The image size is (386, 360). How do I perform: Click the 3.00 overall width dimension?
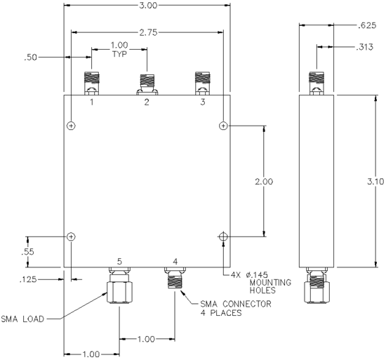coord(148,5)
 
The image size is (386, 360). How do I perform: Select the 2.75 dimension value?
coord(148,32)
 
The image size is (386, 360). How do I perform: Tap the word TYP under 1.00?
coord(119,54)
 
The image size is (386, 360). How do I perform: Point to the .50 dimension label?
coord(30,58)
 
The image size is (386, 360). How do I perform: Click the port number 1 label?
coord(92,102)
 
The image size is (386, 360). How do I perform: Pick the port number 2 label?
coord(147,102)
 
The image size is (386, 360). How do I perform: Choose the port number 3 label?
coord(203,102)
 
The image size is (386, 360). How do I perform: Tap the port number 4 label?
coord(175,261)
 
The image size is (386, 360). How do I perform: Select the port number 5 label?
coord(119,261)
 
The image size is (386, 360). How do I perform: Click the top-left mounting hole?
coord(71,126)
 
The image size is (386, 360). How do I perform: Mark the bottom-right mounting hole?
coord(223,236)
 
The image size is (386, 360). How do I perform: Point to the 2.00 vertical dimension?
coord(264,182)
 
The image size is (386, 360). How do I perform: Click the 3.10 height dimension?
coord(375,182)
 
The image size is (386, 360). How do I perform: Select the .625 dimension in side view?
coord(367,25)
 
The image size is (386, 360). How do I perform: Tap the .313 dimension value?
coord(365,47)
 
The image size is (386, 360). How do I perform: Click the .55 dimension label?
coord(27,252)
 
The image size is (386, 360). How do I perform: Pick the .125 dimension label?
coord(28,279)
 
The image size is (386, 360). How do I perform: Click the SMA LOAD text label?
coord(22,319)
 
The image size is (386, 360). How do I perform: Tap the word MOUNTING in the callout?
coord(270,283)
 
